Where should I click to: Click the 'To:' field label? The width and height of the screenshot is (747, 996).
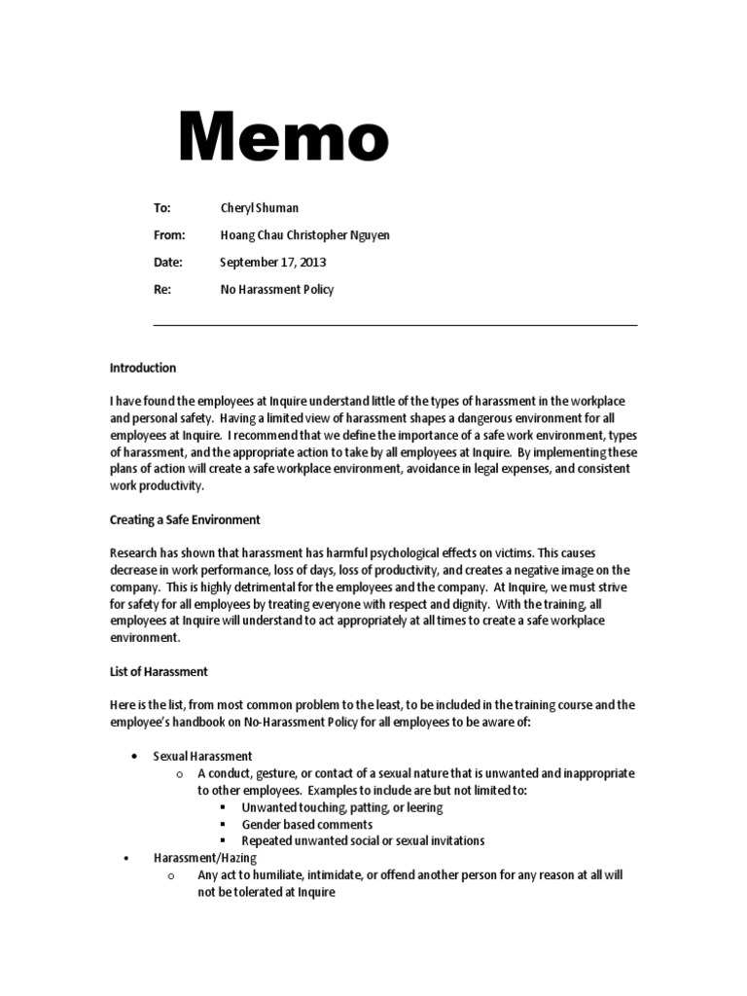point(162,208)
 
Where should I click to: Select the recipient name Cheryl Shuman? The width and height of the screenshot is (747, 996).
point(259,208)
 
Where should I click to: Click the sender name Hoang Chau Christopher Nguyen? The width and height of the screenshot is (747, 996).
point(304,235)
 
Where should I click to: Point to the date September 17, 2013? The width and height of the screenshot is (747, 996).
point(272,263)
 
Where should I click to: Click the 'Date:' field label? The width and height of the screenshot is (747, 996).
point(167,263)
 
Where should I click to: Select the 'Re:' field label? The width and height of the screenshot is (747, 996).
point(161,290)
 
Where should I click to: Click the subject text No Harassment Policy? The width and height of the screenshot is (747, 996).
point(276,290)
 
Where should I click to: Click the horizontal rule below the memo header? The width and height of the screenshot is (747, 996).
point(395,325)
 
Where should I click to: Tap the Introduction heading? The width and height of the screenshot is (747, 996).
point(143,369)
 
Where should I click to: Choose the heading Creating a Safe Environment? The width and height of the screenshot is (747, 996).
point(185,520)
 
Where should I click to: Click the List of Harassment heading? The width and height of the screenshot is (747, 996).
point(159,672)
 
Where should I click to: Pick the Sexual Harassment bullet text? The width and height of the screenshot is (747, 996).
point(202,756)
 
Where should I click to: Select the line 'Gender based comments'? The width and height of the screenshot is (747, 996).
point(306,824)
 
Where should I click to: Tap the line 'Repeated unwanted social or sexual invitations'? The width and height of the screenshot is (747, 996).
point(363,840)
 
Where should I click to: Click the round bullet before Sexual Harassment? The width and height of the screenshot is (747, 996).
point(132,757)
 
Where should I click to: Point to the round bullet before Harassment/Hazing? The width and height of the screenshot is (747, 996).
point(126,859)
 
